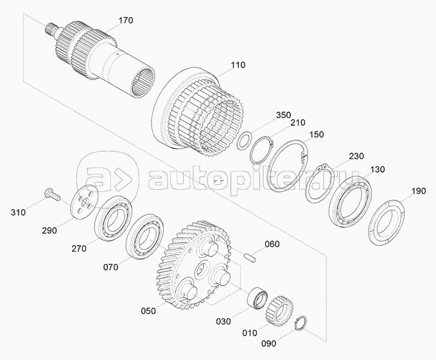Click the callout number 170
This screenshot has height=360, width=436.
click(126, 21)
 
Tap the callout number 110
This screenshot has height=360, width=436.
click(238, 65)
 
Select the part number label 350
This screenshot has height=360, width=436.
click(283, 115)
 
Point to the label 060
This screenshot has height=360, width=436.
click(272, 244)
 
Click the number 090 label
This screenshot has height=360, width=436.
click(268, 343)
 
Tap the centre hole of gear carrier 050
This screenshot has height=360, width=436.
click(202, 269)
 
